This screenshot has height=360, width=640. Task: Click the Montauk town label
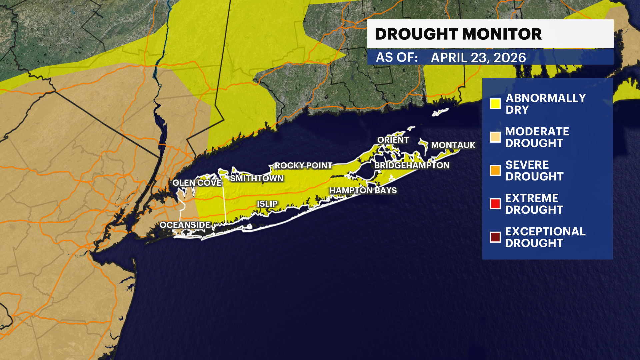coord(453,145)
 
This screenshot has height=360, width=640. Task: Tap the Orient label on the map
coord(393,140)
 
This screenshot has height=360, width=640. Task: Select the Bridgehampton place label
coord(412,165)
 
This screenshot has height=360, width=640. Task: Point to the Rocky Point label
coord(303,166)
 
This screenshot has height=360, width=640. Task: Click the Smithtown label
coord(257,178)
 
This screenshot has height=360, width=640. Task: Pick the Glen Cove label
coord(197,183)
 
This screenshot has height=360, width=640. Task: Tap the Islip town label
coord(267,204)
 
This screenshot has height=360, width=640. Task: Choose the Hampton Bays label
coord(363,190)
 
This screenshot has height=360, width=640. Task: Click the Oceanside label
coord(185,225)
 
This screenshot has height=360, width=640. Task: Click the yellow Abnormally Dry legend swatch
coord(495,104)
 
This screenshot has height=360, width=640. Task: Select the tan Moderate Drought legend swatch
coord(495,137)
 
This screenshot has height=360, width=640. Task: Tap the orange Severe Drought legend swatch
coord(495,170)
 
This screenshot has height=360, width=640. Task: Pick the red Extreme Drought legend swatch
coord(495,204)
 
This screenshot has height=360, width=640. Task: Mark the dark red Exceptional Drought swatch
coord(495,237)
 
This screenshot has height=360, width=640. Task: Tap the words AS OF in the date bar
coord(397,58)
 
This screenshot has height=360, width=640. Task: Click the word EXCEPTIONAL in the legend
coord(545,231)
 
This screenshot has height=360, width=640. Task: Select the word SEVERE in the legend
coord(527,165)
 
